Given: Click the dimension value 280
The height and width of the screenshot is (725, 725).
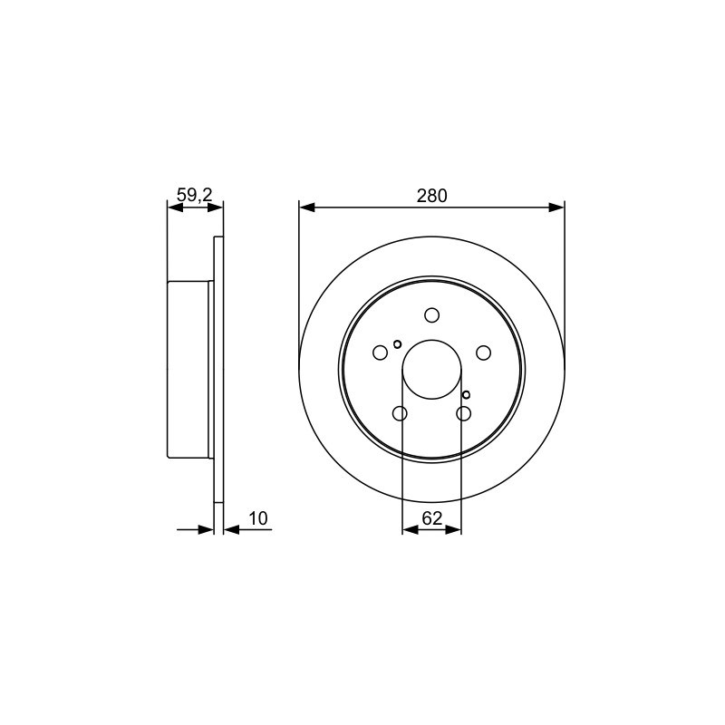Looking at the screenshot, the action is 432,196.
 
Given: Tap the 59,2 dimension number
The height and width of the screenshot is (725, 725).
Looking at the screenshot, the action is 195,195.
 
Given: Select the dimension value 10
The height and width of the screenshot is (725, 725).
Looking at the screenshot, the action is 258,518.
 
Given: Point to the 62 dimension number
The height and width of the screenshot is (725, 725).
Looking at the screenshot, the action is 432,518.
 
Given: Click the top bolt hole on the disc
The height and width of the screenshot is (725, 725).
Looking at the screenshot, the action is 432,315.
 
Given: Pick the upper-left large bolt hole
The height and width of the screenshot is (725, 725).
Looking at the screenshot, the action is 380,353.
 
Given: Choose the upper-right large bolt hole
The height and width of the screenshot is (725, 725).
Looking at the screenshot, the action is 484,353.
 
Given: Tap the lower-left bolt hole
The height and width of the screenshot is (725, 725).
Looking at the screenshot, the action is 400,413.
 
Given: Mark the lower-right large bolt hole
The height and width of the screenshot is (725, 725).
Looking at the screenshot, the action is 464,413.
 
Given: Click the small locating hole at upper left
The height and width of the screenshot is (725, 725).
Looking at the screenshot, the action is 397,344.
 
